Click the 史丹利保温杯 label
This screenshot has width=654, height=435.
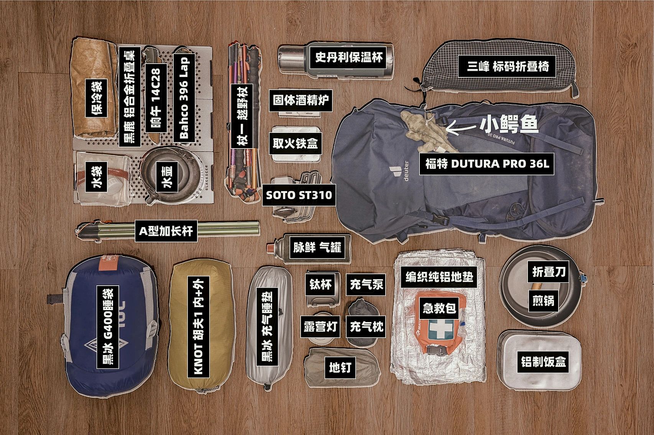[348, 58]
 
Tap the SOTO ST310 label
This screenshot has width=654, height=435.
[299, 195]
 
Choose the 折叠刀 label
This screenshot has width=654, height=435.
[549, 272]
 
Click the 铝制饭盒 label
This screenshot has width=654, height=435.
[543, 361]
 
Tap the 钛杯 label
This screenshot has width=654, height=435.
[320, 284]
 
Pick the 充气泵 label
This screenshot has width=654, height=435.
[366, 284]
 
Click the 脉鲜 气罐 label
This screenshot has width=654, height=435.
[317, 247]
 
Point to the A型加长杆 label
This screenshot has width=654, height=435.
[166, 231]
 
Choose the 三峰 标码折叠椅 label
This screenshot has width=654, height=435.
[508, 67]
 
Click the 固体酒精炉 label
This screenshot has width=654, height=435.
[300, 101]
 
